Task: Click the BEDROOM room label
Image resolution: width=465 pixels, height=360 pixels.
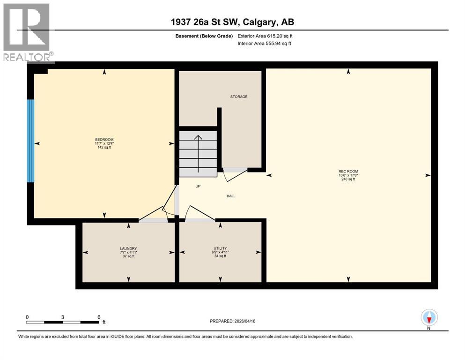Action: pos(104,140)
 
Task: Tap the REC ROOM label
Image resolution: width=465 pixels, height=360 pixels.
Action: pos(348,172)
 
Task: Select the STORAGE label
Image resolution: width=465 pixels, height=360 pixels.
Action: pos(238,97)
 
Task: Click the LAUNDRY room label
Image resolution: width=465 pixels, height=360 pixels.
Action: pos(128,248)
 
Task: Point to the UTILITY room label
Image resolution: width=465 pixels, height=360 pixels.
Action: pos(220,248)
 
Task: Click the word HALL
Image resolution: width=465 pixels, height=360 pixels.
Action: pos(231,196)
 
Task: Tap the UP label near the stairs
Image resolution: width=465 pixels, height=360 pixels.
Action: pos(198,186)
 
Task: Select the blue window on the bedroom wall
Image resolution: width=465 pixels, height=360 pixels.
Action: pos(31,141)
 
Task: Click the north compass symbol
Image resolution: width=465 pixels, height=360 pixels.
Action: pos(429,318)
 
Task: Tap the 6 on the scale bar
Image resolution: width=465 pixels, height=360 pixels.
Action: pos(98,317)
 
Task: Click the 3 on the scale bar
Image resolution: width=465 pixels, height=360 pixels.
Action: pos(62,317)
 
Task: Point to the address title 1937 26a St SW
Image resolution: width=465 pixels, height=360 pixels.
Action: pos(232,22)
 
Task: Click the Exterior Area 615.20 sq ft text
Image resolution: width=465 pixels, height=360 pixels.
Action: pos(265,36)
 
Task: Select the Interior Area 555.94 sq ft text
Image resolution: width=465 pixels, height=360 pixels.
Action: pos(265,44)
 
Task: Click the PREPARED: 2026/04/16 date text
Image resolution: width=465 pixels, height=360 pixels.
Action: pos(232,321)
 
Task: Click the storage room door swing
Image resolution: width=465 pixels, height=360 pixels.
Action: pos(236,174)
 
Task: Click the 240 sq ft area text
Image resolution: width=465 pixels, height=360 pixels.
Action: pos(348,180)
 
